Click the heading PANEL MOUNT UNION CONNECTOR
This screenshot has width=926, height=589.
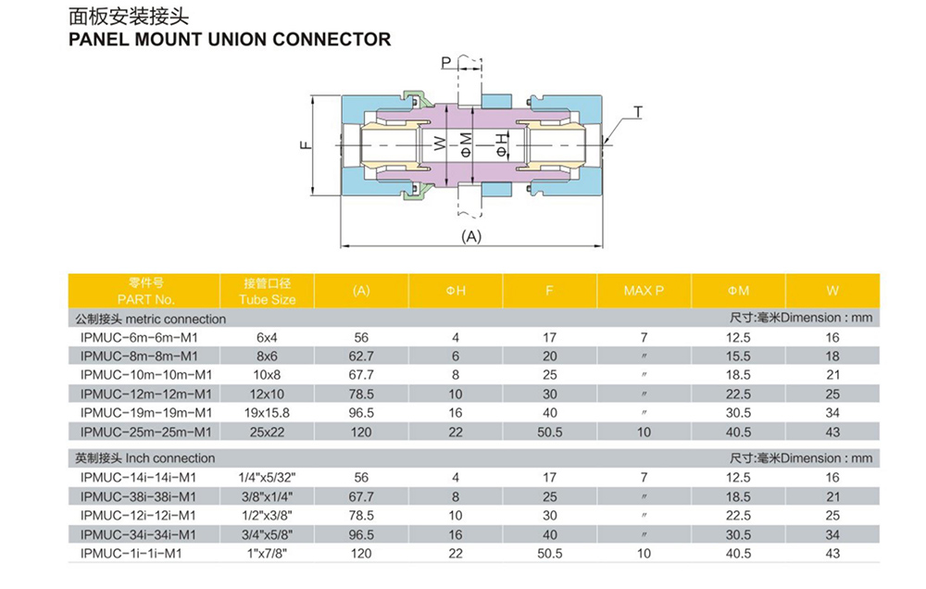pyautogui.click(x=230, y=40)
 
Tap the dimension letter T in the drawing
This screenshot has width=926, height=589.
pyautogui.click(x=638, y=112)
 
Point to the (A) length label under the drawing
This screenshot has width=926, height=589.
pyautogui.click(x=472, y=236)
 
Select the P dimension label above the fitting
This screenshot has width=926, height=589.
pyautogui.click(x=446, y=62)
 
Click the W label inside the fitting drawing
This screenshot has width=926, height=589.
pyautogui.click(x=440, y=144)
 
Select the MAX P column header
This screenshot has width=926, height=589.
pyautogui.click(x=644, y=291)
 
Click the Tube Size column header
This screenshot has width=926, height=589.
pyautogui.click(x=268, y=299)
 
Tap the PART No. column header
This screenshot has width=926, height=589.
pyautogui.click(x=146, y=299)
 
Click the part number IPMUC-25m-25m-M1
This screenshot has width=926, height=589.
pyautogui.click(x=145, y=432)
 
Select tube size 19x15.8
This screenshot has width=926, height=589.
pyautogui.click(x=267, y=412)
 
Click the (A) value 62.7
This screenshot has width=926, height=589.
pyautogui.click(x=361, y=356)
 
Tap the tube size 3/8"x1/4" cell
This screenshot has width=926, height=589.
pyautogui.click(x=267, y=496)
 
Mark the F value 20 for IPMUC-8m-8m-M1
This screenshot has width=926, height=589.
pyautogui.click(x=549, y=356)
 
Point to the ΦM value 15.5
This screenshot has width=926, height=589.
pyautogui.click(x=738, y=356)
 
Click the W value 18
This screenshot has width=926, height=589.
pyautogui.click(x=832, y=356)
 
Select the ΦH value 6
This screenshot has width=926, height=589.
pyautogui.click(x=456, y=356)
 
